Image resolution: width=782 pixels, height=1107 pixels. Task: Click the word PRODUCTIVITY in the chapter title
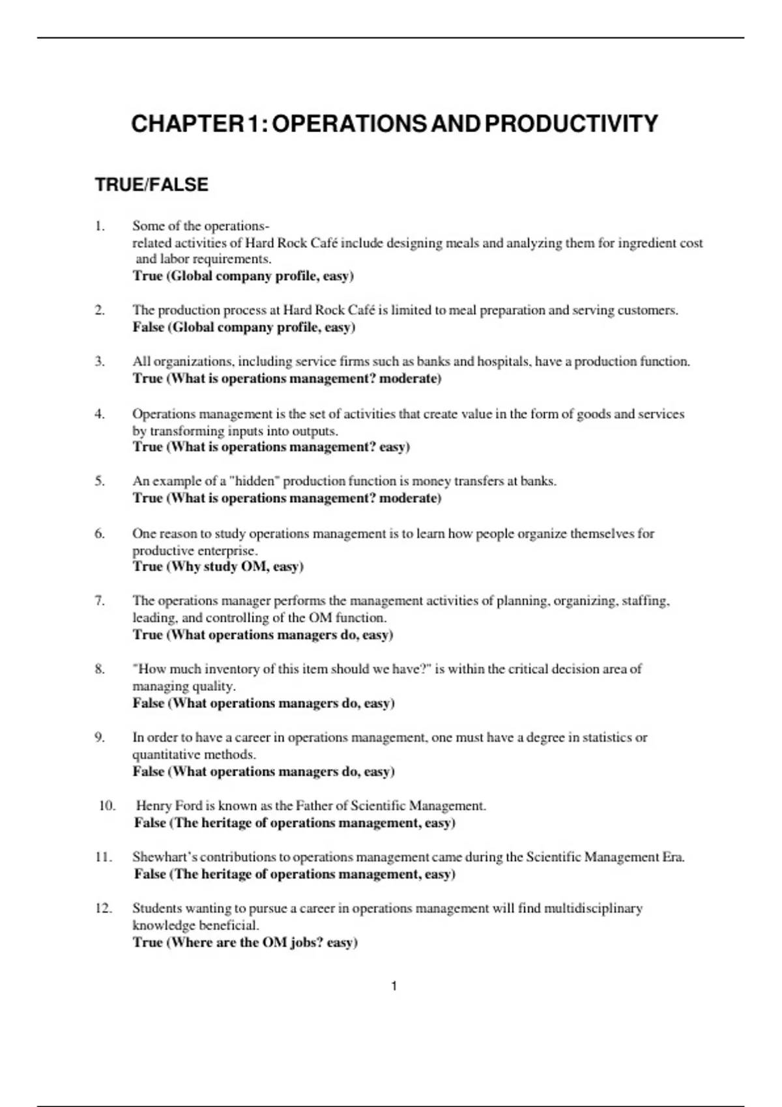572,124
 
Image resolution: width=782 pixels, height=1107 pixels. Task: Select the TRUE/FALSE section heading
151,185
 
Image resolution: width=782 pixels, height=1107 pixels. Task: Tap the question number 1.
99,227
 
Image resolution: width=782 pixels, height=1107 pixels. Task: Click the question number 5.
99,481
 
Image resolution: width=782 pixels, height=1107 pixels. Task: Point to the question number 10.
107,806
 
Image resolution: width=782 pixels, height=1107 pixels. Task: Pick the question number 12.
103,908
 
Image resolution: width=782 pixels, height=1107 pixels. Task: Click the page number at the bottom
394,987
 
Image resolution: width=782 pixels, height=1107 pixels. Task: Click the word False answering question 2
148,327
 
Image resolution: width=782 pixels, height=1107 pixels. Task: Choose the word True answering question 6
147,567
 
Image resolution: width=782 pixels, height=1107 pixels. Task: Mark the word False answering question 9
148,772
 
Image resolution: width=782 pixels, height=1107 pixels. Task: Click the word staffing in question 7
646,601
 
